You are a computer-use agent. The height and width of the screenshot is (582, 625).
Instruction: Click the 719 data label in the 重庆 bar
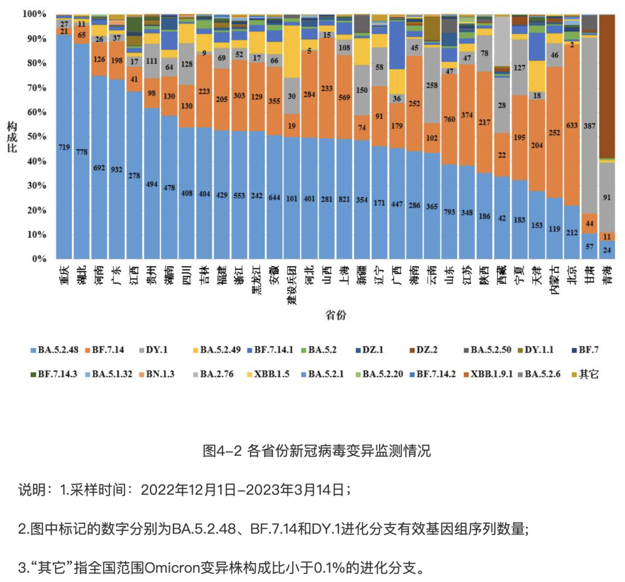click(64, 148)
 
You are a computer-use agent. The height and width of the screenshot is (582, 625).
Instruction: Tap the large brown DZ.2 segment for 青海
click(606, 87)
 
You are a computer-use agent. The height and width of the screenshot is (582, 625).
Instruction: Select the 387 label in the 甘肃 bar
click(589, 126)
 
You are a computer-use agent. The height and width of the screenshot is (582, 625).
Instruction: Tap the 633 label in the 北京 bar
click(571, 123)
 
